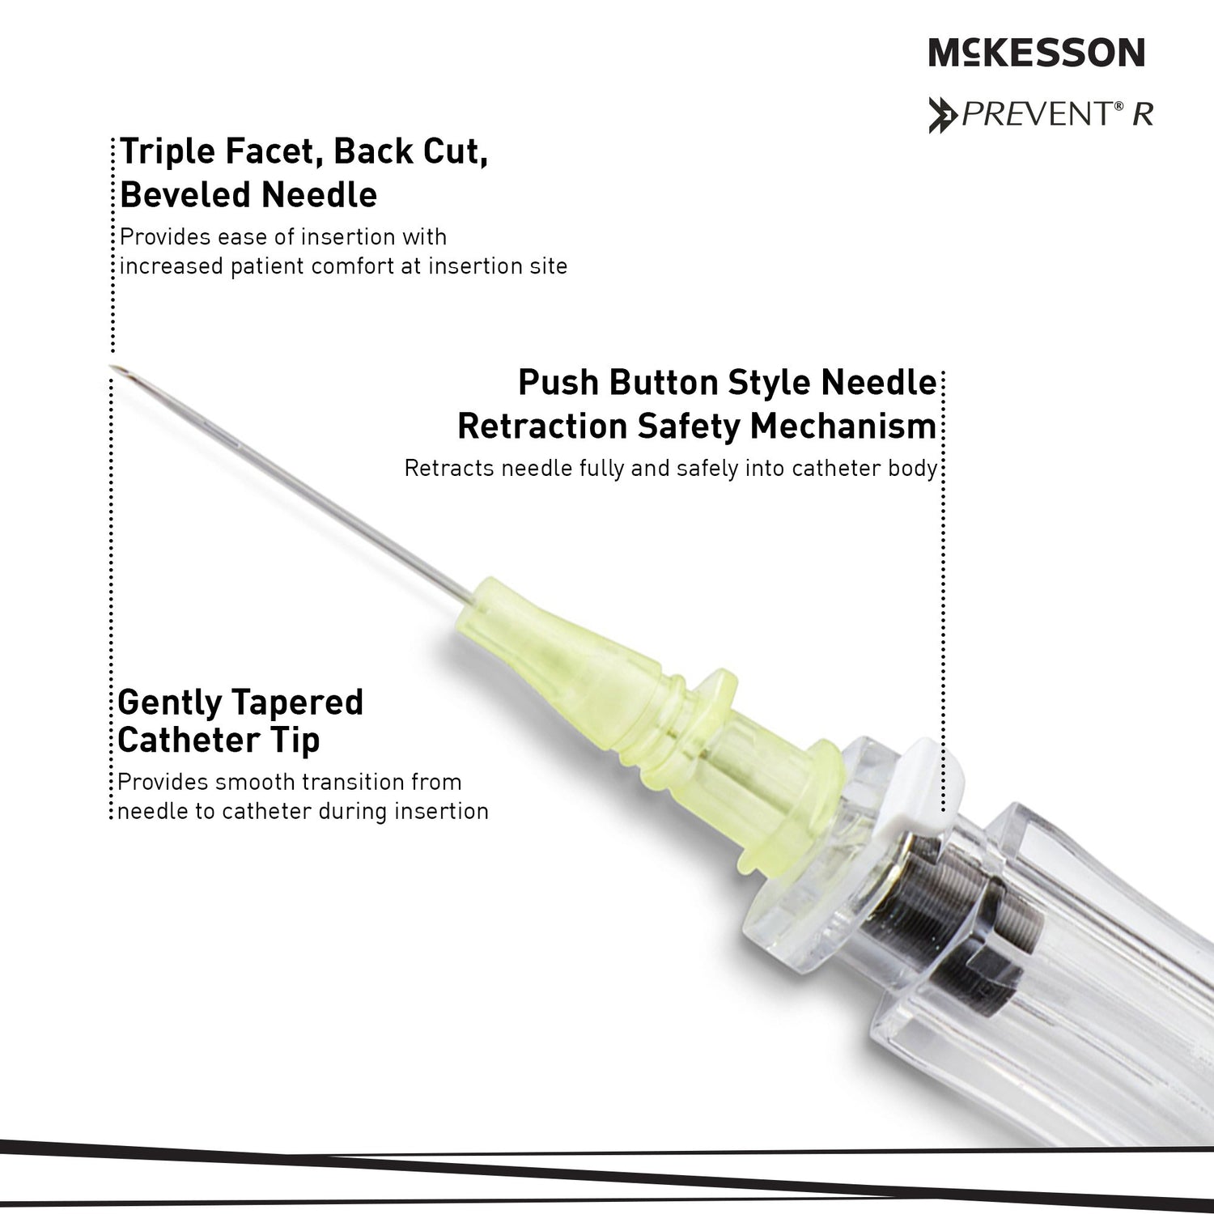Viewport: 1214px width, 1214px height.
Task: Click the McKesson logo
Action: (1037, 53)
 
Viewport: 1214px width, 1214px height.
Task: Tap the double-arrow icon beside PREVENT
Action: (944, 114)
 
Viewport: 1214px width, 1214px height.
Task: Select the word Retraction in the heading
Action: (541, 427)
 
